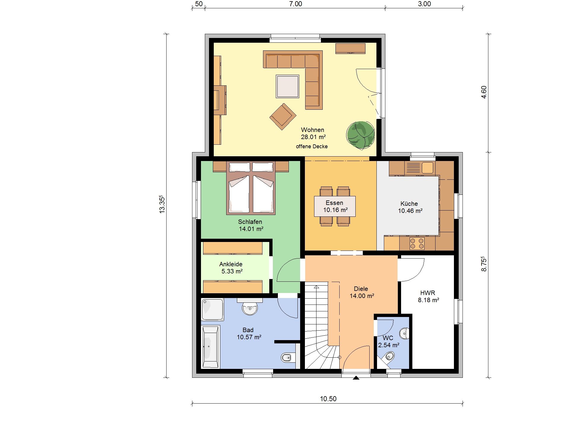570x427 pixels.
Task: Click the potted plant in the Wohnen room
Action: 360,135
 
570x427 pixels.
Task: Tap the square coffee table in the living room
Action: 287,86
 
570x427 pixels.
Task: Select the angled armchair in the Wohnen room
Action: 283,117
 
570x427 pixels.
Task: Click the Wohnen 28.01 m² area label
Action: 313,133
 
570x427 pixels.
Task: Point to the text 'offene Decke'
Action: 312,146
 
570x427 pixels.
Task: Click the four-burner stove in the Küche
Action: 417,243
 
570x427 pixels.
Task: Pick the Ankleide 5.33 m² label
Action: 231,268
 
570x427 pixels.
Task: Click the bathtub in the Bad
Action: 210,347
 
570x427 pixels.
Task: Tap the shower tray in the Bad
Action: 213,309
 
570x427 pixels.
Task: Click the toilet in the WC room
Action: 389,357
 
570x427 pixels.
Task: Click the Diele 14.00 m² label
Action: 362,292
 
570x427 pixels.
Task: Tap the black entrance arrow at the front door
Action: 356,378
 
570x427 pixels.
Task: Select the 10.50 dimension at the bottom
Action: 328,399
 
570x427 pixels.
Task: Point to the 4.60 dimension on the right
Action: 484,92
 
